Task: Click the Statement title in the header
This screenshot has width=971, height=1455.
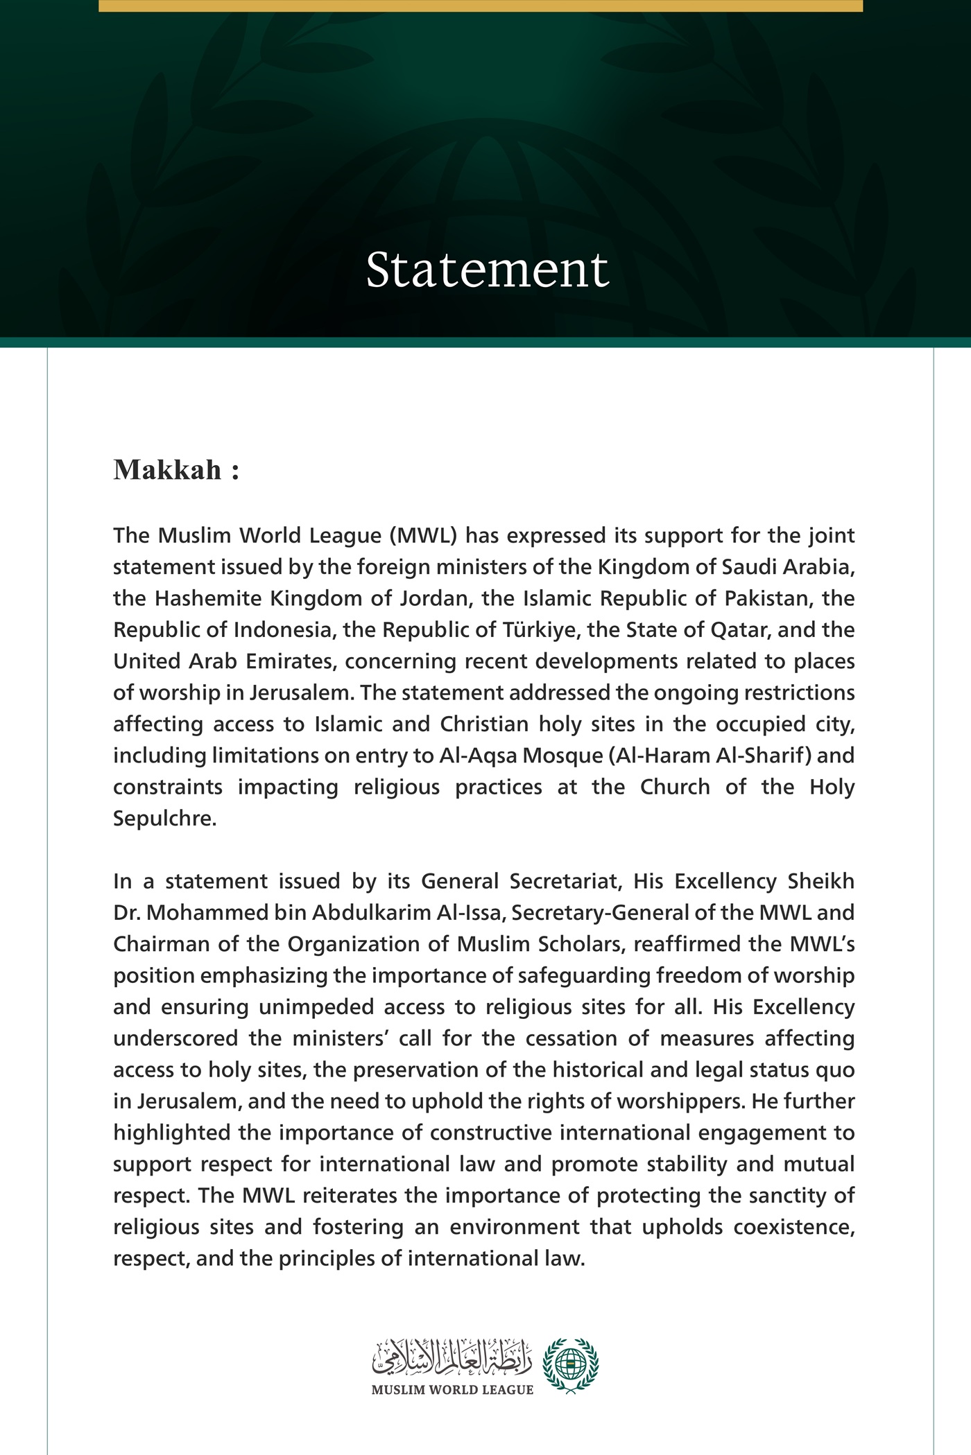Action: point(487,270)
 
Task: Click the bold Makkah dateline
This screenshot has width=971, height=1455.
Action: point(176,470)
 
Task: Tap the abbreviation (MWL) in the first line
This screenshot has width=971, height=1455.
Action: point(422,536)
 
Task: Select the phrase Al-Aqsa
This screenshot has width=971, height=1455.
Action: point(478,756)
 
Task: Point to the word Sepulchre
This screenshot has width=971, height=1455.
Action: point(164,819)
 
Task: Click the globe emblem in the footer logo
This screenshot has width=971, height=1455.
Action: point(570,1365)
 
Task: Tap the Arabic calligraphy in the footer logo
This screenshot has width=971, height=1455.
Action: point(452,1358)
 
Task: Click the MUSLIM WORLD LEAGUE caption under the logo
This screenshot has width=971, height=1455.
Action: point(452,1390)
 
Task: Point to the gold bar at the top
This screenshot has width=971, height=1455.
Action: point(481,6)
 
